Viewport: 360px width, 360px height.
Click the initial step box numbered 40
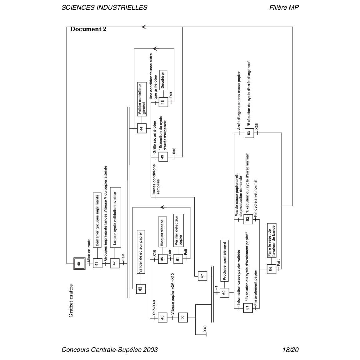coord(79,264)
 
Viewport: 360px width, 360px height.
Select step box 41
coord(98,264)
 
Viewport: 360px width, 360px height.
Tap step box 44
coord(142,128)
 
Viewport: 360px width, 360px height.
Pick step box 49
coord(163,157)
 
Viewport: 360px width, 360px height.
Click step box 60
coord(224,292)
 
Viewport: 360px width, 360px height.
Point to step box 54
coord(271,269)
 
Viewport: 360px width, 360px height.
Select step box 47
coord(202,276)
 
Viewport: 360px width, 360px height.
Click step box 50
coord(183,317)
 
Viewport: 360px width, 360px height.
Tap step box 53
coord(249,132)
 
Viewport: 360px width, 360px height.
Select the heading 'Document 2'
coord(88,29)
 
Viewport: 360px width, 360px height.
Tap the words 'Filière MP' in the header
coord(284,7)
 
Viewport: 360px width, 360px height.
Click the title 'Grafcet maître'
coord(71,300)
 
